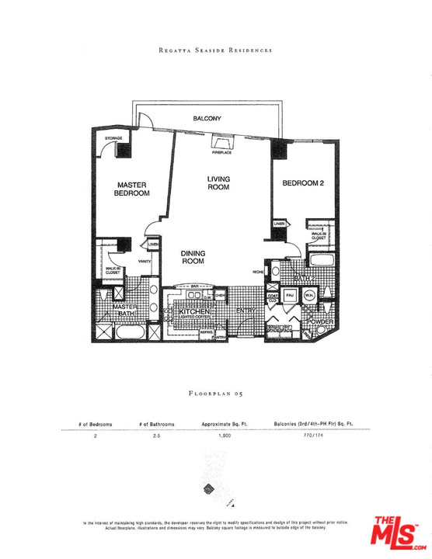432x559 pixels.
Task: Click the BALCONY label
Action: pos(207,118)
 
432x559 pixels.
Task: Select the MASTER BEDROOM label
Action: pos(132,189)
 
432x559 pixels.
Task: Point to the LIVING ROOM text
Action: pos(218,183)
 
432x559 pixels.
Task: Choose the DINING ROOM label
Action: pos(192,258)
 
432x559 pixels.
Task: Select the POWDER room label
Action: pos(322,321)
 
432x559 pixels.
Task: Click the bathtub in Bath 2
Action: pos(321,261)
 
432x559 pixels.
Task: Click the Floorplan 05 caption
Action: pos(216,394)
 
